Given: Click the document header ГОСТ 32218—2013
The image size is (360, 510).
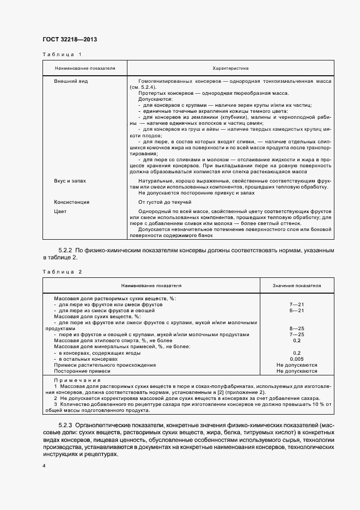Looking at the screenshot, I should [70, 39].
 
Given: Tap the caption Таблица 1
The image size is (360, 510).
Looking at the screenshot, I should [62, 54].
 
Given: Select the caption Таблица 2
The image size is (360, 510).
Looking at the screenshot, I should [62, 271].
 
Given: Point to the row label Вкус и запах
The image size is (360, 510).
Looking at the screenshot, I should [70, 180].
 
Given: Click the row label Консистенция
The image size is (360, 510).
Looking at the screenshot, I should [71, 202].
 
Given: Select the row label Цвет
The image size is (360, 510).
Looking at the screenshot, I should [60, 211].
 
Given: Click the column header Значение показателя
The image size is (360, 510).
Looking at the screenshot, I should [297, 285].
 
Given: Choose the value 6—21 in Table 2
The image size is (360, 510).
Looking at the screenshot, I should [297, 310].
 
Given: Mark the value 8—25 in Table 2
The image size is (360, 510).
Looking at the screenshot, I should [297, 329].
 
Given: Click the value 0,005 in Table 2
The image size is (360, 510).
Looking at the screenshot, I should [297, 359].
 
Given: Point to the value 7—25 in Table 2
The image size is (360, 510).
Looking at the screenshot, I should [297, 335].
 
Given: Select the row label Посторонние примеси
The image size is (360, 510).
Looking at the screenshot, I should [82, 371].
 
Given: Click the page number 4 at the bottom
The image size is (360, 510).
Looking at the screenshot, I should [44, 466].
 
